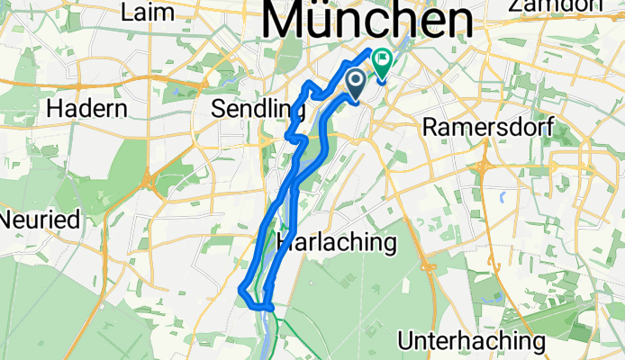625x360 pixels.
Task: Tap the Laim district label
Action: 146,12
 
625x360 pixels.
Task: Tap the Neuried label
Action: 40,219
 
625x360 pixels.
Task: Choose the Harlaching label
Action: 337,242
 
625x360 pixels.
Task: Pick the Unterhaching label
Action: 472,341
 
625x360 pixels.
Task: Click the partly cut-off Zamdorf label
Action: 566,5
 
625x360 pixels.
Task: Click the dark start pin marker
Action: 356,85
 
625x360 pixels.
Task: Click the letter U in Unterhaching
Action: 406,341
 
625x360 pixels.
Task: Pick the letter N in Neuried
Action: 8,219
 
